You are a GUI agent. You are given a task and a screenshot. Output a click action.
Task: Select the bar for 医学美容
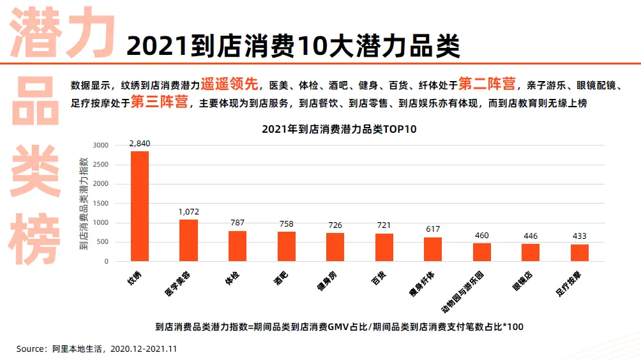pyautogui.click(x=188, y=241)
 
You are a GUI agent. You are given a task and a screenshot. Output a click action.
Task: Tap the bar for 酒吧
pyautogui.click(x=286, y=246)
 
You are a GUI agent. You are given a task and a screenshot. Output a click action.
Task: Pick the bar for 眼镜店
pyautogui.click(x=531, y=253)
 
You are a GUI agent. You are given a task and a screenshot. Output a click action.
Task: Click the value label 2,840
pyautogui.click(x=139, y=144)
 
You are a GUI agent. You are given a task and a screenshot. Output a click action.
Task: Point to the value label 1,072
pyautogui.click(x=188, y=212)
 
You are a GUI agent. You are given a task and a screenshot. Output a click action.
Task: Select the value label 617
pyautogui.click(x=433, y=229)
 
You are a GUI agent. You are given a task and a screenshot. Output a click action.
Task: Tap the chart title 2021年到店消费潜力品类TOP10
pyautogui.click(x=338, y=129)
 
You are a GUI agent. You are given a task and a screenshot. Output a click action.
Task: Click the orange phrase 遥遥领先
pyautogui.click(x=230, y=84)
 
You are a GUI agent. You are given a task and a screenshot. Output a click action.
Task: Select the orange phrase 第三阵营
pyautogui.click(x=159, y=102)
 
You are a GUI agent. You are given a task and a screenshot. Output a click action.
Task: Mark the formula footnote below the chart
pyautogui.click(x=339, y=327)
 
